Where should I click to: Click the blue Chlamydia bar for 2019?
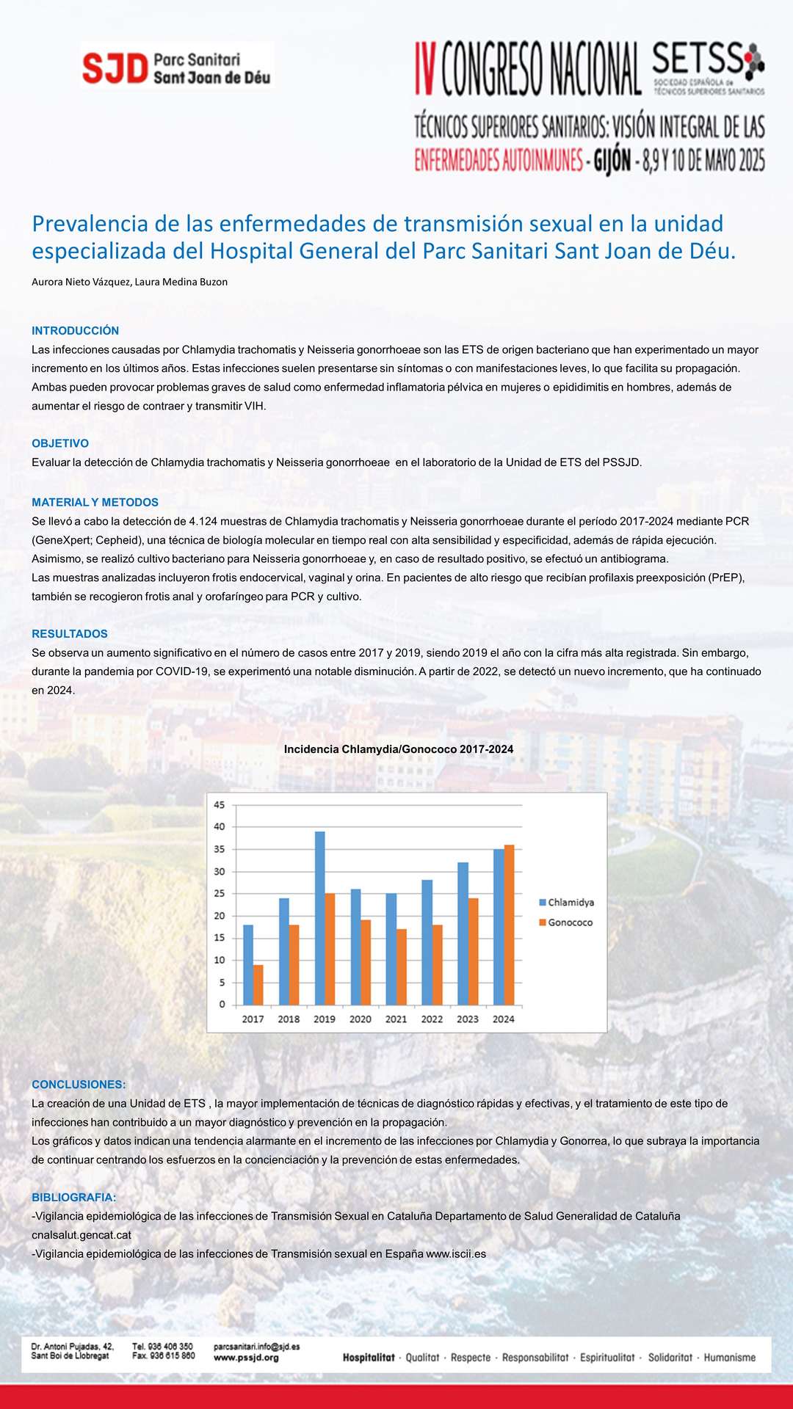pos(319,917)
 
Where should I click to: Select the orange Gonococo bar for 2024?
pos(509,925)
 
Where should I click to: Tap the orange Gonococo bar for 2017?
pos(258,984)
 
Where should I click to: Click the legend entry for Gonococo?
pos(566,922)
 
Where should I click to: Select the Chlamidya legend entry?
pos(566,902)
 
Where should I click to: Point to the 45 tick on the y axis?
pos(220,804)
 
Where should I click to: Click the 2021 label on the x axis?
pos(396,1019)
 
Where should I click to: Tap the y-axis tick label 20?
pos(220,915)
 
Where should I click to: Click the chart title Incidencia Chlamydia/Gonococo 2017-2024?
pos(399,749)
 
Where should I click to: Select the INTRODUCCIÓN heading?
pos(75,331)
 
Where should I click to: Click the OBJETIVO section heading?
pos(60,443)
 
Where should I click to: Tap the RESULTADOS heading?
pos(70,633)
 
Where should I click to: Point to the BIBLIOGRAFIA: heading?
pos(73,1197)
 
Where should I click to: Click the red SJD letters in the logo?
pos(115,68)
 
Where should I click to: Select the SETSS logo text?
pos(698,57)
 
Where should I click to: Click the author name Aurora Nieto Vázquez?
pos(82,282)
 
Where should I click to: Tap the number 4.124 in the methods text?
pos(203,521)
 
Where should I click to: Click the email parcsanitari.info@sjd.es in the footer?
pos(256,1347)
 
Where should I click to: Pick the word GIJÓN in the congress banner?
pos(612,160)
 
